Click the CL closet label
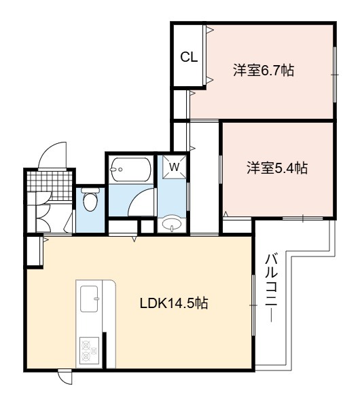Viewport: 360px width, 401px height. click(x=189, y=57)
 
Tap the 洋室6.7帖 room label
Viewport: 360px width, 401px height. click(x=264, y=70)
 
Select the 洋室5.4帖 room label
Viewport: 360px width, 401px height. click(x=277, y=168)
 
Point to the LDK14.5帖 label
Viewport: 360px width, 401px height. click(x=174, y=303)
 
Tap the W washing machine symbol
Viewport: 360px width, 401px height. click(x=175, y=167)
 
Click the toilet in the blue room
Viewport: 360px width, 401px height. click(x=90, y=199)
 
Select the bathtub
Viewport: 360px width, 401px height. click(x=130, y=170)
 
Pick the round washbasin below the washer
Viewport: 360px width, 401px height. click(x=172, y=225)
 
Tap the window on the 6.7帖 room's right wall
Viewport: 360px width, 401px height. click(x=334, y=75)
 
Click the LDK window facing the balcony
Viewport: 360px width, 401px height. click(x=253, y=305)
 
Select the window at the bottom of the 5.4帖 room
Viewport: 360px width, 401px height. click(x=302, y=218)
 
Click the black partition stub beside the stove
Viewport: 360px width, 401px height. click(x=105, y=350)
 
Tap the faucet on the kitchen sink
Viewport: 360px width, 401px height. click(x=96, y=299)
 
